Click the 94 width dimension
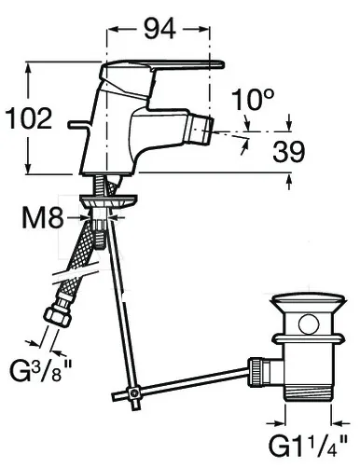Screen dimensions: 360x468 [159, 29]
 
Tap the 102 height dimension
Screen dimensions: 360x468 [29, 118]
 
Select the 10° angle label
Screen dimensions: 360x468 [253, 100]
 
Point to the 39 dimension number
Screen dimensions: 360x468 [288, 152]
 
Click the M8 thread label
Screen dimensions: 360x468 [43, 217]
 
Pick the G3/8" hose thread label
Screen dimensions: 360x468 [40, 371]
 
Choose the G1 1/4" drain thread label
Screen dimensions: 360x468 [308, 447]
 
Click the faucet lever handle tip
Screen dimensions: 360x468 [221, 64]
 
